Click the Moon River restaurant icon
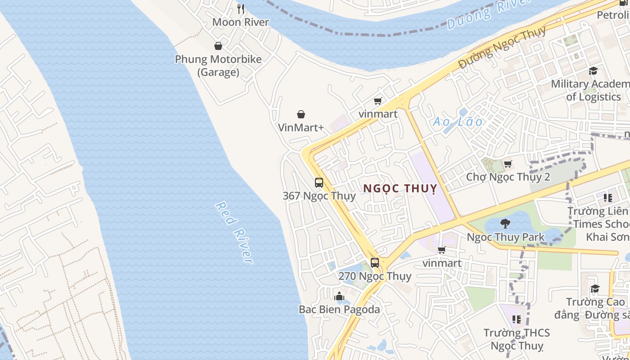(241, 9)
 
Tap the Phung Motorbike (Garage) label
(218, 66)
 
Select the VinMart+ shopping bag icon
(301, 115)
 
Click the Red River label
(234, 233)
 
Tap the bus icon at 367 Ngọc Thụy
(319, 183)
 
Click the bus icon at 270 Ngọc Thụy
(375, 263)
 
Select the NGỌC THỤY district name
(400, 189)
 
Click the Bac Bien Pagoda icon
(339, 296)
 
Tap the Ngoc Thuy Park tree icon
(505, 224)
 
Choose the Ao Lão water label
(457, 122)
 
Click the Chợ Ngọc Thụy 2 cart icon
(508, 164)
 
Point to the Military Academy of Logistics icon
(593, 71)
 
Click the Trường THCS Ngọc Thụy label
(517, 339)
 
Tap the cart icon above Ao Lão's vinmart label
(378, 101)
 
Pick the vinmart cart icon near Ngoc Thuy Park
(442, 250)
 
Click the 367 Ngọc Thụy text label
(319, 196)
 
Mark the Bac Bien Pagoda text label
(339, 310)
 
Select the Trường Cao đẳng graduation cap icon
(595, 288)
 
